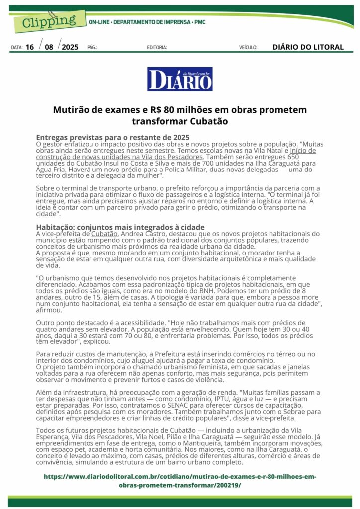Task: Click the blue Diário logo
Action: coord(180,79)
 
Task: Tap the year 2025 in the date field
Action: coord(70,47)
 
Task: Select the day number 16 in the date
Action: coord(30,47)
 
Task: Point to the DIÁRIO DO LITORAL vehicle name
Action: coord(308,47)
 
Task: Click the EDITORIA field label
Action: coord(157,48)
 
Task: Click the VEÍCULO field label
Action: coord(248,48)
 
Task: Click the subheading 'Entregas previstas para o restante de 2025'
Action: coord(113,137)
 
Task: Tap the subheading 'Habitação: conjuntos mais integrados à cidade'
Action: coord(120,227)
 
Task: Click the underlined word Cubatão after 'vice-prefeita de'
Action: coord(104,233)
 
